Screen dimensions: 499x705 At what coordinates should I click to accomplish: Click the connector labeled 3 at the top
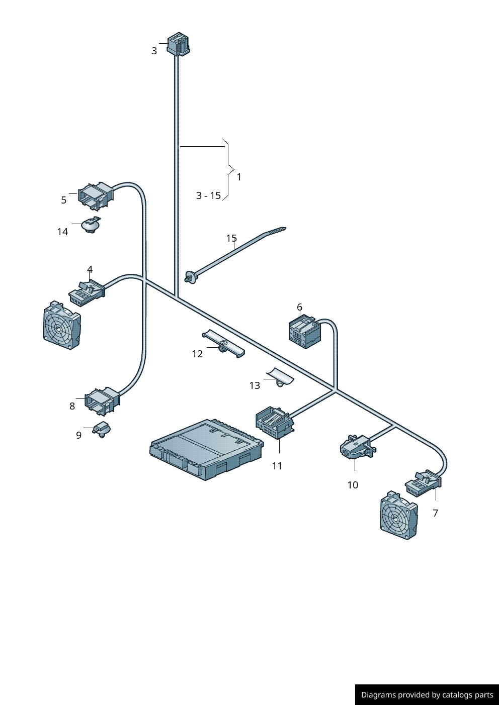coord(178,43)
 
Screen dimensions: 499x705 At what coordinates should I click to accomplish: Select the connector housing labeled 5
coord(96,196)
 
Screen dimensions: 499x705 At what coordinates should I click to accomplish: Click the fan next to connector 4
coord(62,325)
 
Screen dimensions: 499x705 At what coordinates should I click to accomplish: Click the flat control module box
coord(207,449)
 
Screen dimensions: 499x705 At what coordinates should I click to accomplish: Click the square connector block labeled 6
coord(305,332)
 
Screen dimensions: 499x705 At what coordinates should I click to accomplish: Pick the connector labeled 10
coord(358,447)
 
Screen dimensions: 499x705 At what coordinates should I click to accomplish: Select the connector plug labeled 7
coord(423,483)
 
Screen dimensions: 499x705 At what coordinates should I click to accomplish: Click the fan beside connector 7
coord(399,515)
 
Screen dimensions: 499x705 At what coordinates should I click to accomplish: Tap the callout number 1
coord(239,177)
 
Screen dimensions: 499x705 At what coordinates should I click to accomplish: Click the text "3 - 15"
coord(209,195)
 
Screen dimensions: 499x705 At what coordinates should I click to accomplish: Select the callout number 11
coord(277,466)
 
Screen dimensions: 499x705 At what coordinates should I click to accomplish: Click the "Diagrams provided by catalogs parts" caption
coord(427,694)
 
